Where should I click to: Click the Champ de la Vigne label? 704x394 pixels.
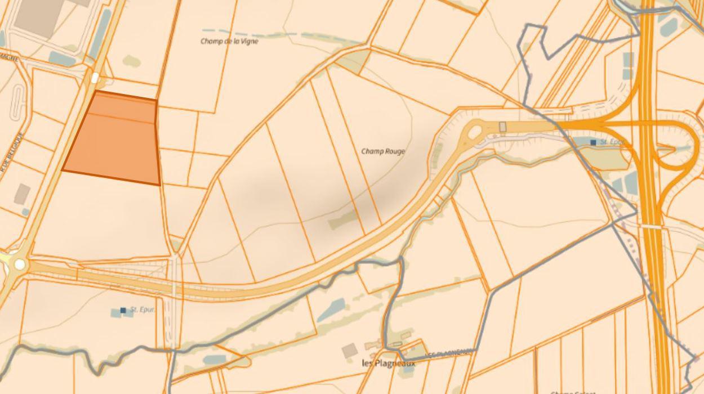pos(229,41)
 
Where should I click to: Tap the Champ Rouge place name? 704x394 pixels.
pos(383,151)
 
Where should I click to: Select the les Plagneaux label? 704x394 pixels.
pos(388,364)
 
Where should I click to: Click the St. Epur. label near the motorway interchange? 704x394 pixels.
pos(612,142)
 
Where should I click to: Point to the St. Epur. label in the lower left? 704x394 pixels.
pos(142,310)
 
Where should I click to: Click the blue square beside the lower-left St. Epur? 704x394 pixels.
pos(123,310)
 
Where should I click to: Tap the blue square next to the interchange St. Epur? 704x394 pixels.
pos(593,142)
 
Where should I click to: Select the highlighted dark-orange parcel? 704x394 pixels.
pos(113,141)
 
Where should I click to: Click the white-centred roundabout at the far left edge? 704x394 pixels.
pos(20,263)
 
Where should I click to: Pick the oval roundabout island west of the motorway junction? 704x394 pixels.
pos(474,132)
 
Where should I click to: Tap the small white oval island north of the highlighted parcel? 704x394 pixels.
pos(95,78)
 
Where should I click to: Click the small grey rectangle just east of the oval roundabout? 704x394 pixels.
pos(502,127)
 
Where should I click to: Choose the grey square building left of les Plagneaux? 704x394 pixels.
pos(349,350)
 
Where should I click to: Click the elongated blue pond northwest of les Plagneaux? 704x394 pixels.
pos(331,310)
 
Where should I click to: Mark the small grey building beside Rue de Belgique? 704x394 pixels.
pos(22,194)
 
